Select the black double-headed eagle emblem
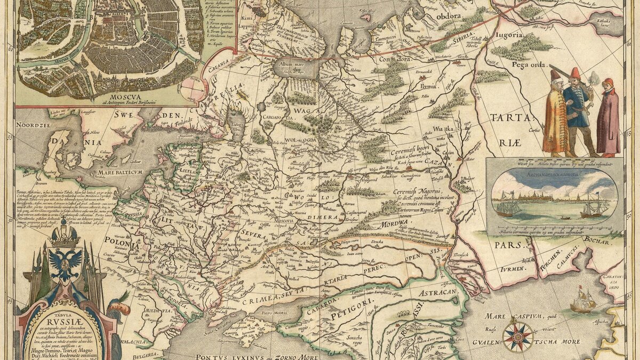point(65,261)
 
